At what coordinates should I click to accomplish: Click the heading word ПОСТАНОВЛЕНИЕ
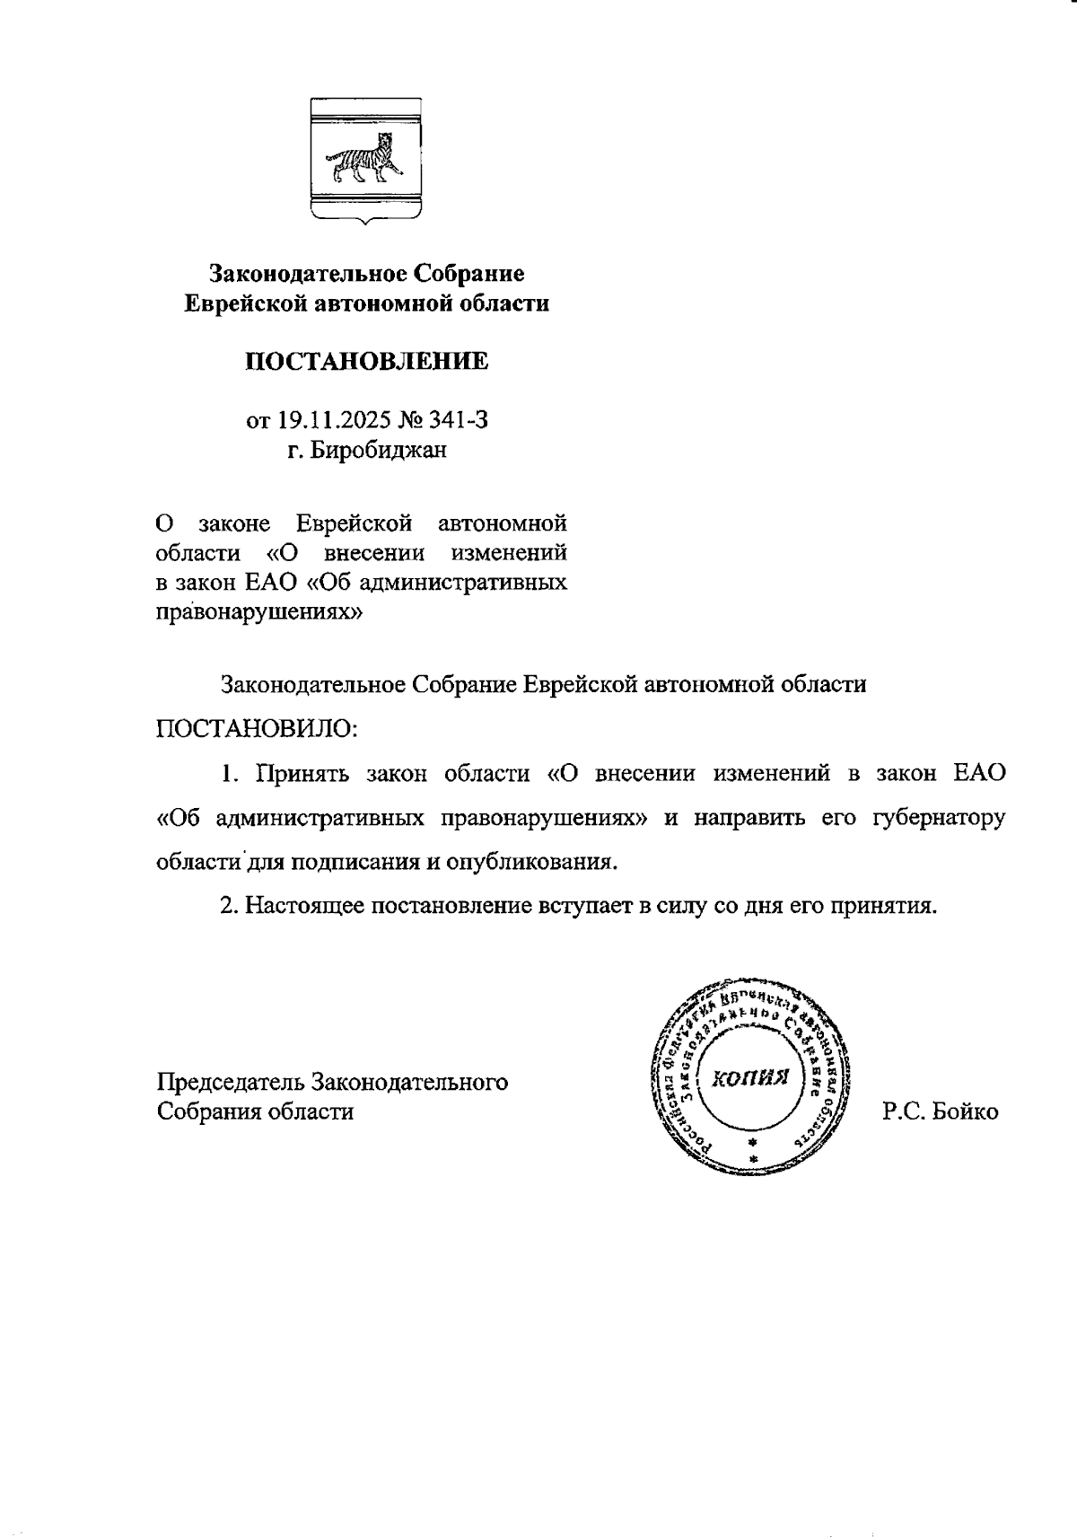pyautogui.click(x=367, y=362)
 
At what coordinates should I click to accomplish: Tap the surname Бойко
pyautogui.click(x=966, y=1111)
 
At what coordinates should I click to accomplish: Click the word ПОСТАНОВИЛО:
pyautogui.click(x=257, y=727)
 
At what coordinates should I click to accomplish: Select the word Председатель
pyautogui.click(x=231, y=1082)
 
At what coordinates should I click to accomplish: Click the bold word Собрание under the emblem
pyautogui.click(x=467, y=273)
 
